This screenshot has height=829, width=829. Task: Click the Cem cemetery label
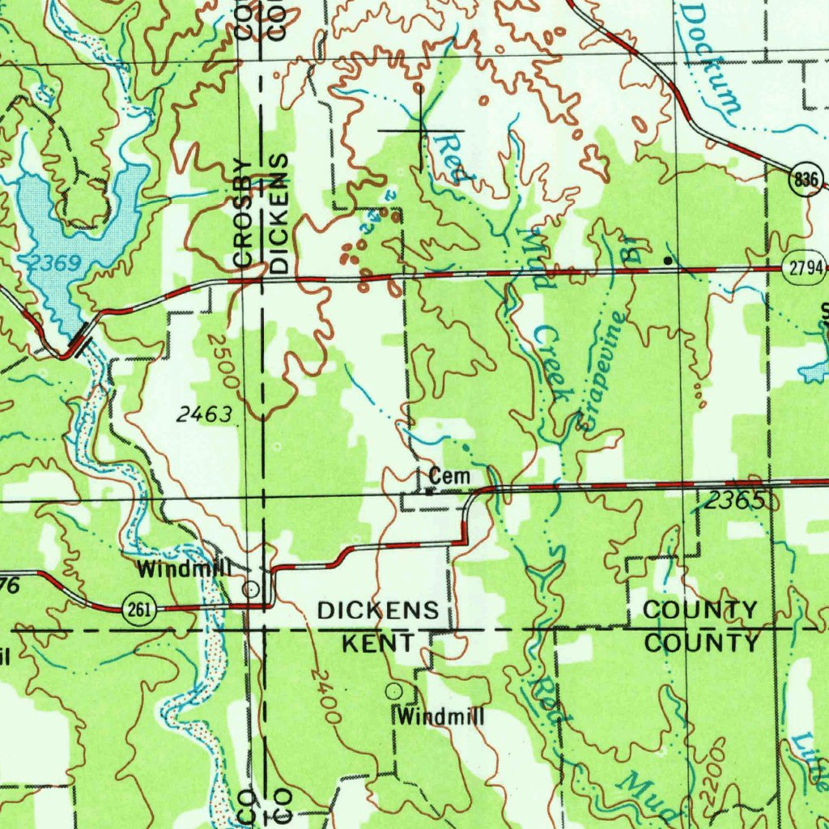coord(449,477)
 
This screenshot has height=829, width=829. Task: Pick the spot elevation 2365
coord(733,502)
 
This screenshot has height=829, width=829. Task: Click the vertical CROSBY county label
coord(243,213)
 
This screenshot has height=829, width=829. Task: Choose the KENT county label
coord(378,644)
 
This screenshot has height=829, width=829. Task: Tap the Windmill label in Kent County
coord(441,716)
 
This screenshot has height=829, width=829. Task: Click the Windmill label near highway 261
coord(184,569)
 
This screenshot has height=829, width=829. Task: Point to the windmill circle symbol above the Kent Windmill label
coord(394,691)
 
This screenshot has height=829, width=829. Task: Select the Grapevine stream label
coord(604,369)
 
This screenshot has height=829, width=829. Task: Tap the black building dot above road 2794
coord(667,261)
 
